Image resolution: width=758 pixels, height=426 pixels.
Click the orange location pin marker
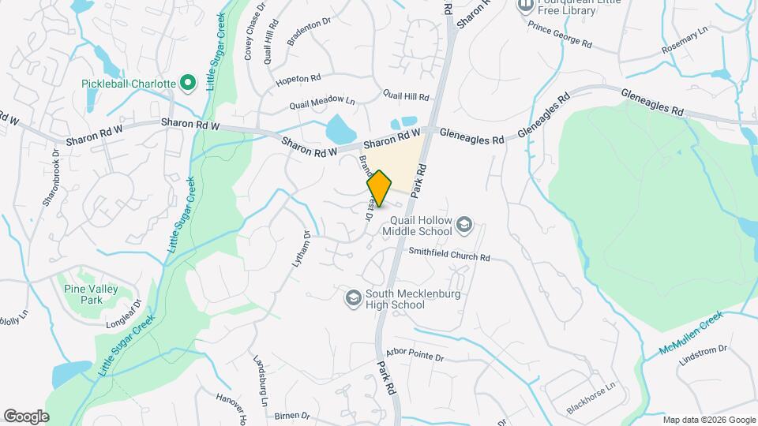[379, 188]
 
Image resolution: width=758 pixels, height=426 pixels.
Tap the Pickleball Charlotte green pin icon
[188, 82]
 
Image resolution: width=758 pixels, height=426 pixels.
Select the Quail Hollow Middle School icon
[464, 226]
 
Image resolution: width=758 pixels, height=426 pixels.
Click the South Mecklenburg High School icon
[353, 297]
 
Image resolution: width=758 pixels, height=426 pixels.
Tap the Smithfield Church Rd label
[449, 256]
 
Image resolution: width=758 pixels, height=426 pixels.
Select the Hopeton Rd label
[298, 80]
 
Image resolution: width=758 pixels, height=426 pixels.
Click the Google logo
[26, 417]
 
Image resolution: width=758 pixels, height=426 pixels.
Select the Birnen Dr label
[294, 415]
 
